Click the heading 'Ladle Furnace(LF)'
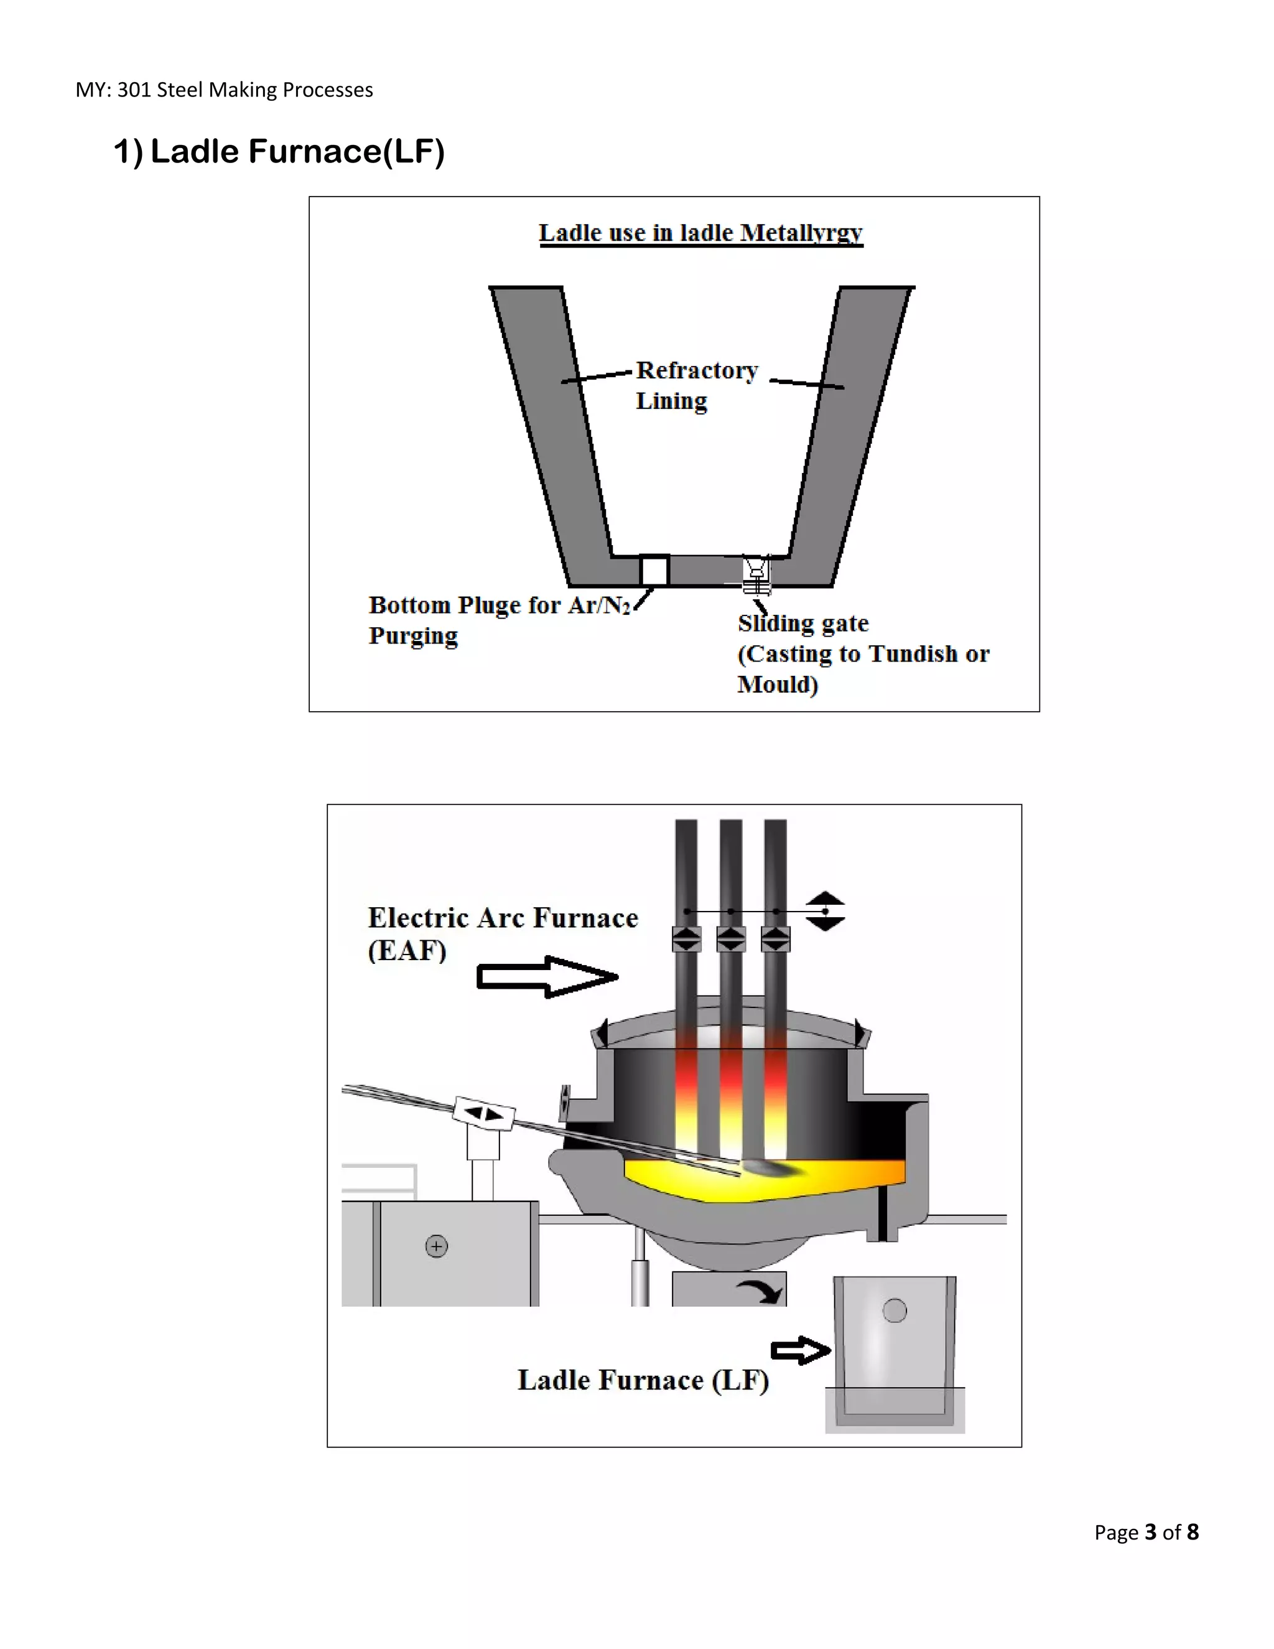279,152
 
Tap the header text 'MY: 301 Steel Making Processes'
224,90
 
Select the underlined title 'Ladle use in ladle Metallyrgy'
700,233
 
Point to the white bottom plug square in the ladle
654,570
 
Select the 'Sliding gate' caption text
803,623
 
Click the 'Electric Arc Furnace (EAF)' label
502,933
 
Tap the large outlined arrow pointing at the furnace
547,977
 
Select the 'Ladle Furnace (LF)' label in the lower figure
643,1380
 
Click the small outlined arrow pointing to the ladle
800,1351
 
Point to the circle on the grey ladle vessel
895,1310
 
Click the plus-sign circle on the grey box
436,1246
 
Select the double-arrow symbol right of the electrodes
825,912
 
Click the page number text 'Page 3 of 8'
1146,1532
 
